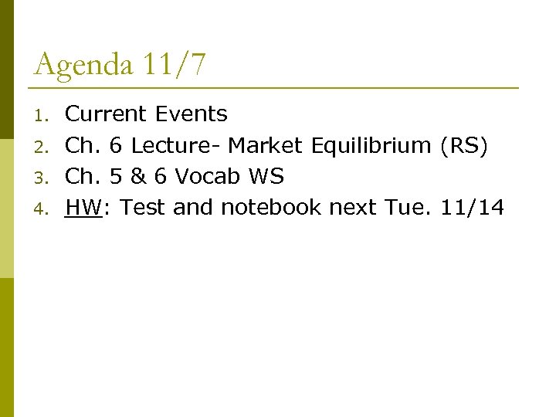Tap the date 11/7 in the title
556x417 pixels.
tap(175, 64)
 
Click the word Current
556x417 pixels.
tap(106, 114)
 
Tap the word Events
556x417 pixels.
tap(192, 114)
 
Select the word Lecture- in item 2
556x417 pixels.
tap(177, 145)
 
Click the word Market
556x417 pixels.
tap(266, 145)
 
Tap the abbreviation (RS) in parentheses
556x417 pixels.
tap(463, 145)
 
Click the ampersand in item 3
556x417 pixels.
tap(139, 177)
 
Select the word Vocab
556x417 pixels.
tap(207, 177)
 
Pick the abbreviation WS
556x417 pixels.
tap(266, 177)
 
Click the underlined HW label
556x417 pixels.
tap(83, 208)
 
